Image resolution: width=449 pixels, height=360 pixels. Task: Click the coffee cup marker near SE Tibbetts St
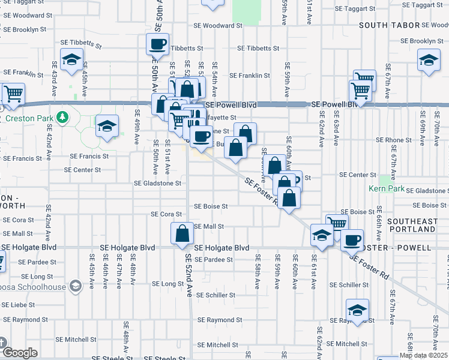point(158,44)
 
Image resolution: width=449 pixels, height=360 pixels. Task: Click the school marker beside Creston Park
point(107,126)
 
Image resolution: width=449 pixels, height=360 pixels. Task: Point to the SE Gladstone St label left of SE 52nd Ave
point(158,184)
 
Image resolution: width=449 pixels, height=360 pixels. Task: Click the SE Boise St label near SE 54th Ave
point(211,206)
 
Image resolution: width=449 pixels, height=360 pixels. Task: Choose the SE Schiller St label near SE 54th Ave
point(215,295)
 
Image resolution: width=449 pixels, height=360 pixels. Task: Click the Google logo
point(19,353)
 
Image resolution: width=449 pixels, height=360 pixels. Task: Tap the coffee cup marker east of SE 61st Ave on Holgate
point(352,239)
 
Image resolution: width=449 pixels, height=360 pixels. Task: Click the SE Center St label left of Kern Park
point(357,175)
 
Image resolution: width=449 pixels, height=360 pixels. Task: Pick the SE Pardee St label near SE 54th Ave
point(214,260)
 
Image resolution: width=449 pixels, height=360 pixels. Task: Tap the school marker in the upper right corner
point(429,61)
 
